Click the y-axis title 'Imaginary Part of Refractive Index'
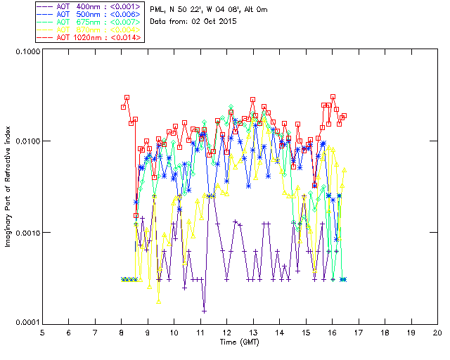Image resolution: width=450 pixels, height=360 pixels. coord(10,186)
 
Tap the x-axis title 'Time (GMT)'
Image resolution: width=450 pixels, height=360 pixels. coord(239,342)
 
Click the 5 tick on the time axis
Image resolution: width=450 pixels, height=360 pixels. coord(42,332)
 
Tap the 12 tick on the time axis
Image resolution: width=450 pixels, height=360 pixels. coord(226,332)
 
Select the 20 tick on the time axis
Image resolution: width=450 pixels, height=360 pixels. coord(437,332)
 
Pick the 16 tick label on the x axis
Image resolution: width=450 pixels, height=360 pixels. coord(332,332)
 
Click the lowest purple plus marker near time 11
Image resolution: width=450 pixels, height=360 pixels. coord(204,310)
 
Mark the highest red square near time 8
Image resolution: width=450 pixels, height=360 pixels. coord(127,98)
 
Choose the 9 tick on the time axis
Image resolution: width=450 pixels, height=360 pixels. coord(148,332)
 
